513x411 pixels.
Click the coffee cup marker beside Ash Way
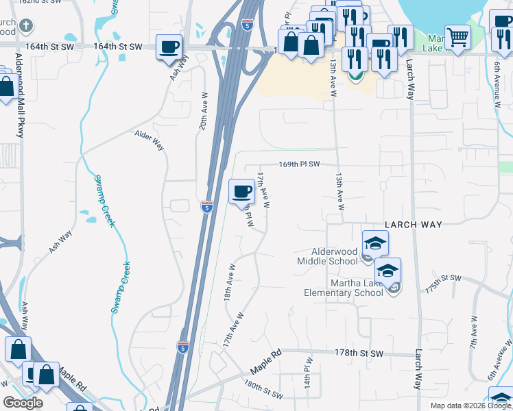169,47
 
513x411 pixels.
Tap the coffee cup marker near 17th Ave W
241,191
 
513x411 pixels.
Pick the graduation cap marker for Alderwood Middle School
375,243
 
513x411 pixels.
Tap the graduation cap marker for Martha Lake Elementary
387,271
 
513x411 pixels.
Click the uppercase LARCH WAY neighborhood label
413,224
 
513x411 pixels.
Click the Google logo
23,403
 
